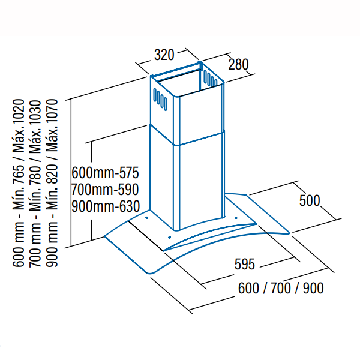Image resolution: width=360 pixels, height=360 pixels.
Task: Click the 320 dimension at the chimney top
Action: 164,55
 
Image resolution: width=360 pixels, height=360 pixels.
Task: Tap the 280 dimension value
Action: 238,64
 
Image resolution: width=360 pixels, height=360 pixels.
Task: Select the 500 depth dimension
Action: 310,200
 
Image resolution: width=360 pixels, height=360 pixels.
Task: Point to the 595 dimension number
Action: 245,264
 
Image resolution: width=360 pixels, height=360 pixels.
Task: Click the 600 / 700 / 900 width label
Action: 281,288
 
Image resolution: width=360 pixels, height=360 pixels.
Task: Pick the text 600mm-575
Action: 105,173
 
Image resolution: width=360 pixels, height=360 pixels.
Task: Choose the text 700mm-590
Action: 105,190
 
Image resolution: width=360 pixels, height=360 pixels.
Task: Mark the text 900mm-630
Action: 106,206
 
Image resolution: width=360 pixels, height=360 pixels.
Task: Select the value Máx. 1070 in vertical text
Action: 52,126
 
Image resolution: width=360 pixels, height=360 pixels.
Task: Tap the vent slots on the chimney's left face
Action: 160,99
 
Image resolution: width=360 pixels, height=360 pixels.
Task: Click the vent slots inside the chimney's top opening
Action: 210,78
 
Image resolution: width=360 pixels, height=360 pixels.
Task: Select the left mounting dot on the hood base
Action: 147,218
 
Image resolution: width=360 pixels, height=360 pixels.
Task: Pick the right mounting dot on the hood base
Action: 236,218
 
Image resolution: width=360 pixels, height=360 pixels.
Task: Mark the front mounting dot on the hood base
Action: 169,238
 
